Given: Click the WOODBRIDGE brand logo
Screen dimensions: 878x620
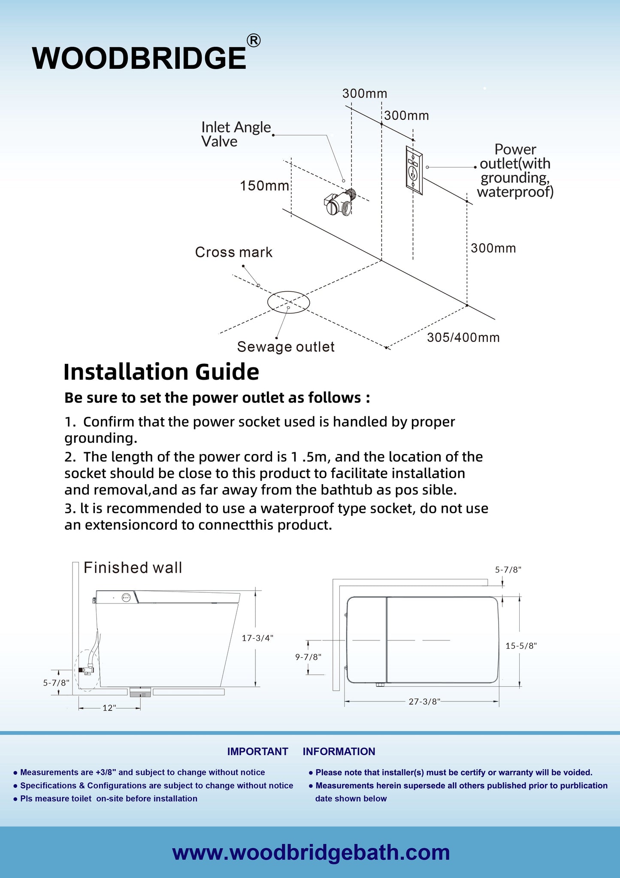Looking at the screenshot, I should [139, 58].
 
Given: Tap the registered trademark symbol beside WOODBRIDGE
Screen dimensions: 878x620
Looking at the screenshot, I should [254, 40].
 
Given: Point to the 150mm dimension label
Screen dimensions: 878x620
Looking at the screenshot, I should [264, 186].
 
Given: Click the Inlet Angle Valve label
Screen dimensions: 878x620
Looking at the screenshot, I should [236, 134].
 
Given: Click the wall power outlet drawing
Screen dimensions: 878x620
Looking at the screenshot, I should [414, 170].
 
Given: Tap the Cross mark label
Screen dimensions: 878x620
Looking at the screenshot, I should [233, 252].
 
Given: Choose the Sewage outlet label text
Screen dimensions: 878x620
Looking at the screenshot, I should [286, 347].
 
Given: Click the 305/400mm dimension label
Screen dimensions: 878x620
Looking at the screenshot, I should [463, 338].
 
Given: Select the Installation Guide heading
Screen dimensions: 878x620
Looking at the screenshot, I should [161, 372].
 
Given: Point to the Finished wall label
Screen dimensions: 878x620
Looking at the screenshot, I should [133, 567].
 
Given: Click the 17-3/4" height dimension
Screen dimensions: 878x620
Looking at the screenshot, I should [257, 638].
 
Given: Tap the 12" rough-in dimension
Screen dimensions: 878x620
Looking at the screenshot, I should [109, 708].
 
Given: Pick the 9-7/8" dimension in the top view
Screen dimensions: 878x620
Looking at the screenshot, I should [308, 657].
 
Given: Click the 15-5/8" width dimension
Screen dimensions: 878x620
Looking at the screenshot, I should [521, 646].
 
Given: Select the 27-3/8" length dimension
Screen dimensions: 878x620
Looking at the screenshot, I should [424, 701].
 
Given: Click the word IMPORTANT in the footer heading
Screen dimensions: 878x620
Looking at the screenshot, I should [257, 751].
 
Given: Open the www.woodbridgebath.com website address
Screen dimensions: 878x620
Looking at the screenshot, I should [311, 852].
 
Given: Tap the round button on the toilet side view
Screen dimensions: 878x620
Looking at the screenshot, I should [126, 597].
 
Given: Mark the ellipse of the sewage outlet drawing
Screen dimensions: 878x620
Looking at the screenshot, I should [288, 302].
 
